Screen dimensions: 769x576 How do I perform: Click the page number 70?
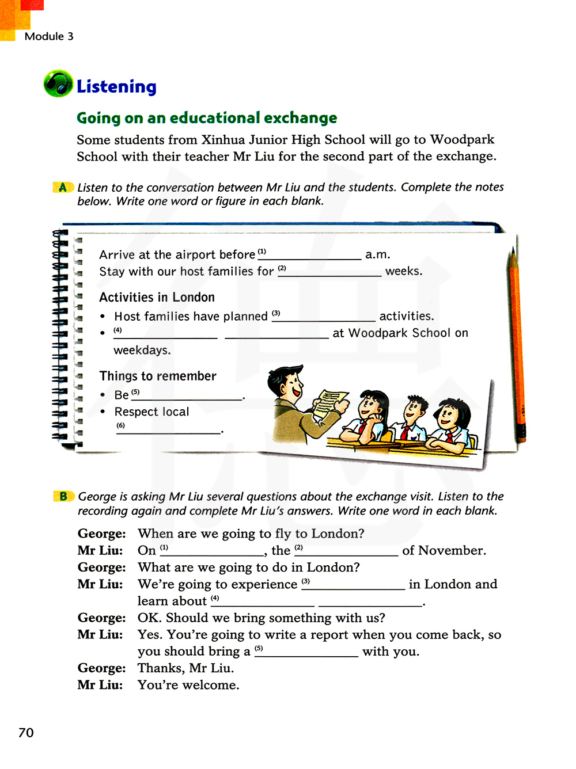coord(26,732)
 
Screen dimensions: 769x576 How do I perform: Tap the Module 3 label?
coord(49,36)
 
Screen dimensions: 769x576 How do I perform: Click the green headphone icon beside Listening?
coord(58,84)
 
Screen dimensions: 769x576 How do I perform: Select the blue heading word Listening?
coord(116,86)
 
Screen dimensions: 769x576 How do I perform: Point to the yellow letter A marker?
coord(63,187)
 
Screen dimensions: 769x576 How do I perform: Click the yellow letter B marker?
coord(63,496)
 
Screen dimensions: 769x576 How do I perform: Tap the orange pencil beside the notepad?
coord(517,345)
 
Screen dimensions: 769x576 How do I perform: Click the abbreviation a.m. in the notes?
coord(378,254)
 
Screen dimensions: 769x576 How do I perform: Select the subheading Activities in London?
coord(157,297)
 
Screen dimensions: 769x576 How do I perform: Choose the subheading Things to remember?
coord(158,376)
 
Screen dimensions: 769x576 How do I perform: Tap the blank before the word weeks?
coord(329,272)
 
